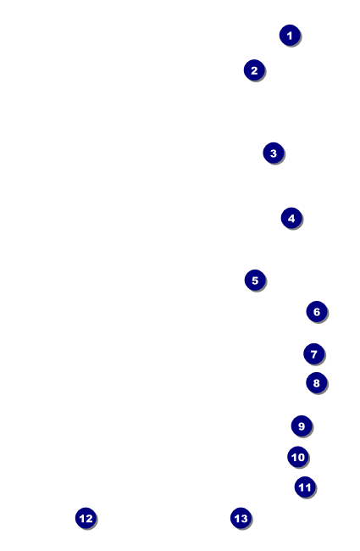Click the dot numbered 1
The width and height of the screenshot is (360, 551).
pyautogui.click(x=290, y=35)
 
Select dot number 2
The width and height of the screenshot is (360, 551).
pyautogui.click(x=254, y=70)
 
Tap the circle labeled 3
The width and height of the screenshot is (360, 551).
pyautogui.click(x=274, y=153)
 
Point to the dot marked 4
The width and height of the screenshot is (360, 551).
pyautogui.click(x=291, y=218)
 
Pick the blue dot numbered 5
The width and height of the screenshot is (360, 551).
pyautogui.click(x=255, y=280)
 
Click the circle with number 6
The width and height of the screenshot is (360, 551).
pyautogui.click(x=317, y=311)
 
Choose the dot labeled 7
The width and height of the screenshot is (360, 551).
pyautogui.click(x=314, y=353)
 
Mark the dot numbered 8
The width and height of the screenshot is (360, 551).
pyautogui.click(x=317, y=382)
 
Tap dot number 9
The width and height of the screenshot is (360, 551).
pyautogui.click(x=302, y=426)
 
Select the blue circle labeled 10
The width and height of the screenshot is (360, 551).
pyautogui.click(x=298, y=457)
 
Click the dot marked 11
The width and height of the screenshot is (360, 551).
pyautogui.click(x=305, y=487)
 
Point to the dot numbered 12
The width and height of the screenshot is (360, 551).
pyautogui.click(x=86, y=518)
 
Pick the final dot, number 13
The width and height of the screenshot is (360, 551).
pyautogui.click(x=241, y=518)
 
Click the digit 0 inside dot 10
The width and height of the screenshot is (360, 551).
pyautogui.click(x=301, y=457)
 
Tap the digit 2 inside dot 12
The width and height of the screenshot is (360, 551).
pyautogui.click(x=89, y=518)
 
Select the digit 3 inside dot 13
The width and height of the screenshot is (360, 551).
pyautogui.click(x=244, y=518)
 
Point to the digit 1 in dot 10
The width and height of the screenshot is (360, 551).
pyautogui.click(x=294, y=457)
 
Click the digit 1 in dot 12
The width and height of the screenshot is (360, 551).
pyautogui.click(x=82, y=518)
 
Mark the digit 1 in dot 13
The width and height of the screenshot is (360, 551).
pyautogui.click(x=237, y=518)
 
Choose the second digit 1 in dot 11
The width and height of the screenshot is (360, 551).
pyautogui.click(x=308, y=487)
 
